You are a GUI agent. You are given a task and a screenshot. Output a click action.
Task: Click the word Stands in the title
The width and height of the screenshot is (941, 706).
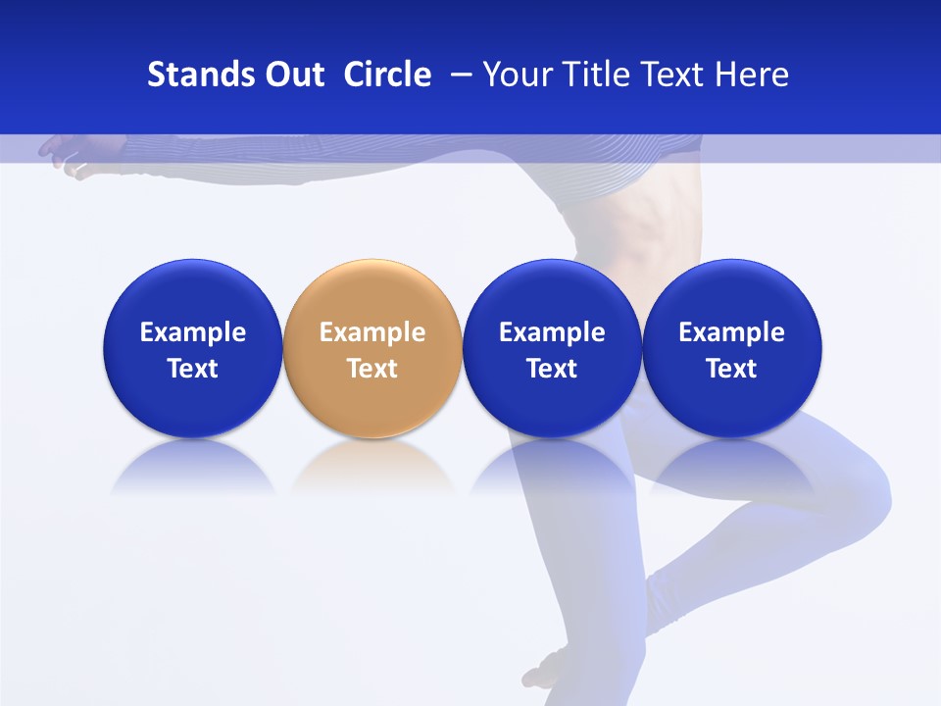[x=200, y=75]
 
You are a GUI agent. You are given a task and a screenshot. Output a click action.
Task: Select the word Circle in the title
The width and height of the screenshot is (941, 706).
[x=387, y=75]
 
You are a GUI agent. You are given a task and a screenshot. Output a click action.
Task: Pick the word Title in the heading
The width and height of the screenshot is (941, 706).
[x=596, y=75]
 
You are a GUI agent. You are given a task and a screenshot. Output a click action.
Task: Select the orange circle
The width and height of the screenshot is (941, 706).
[x=372, y=348]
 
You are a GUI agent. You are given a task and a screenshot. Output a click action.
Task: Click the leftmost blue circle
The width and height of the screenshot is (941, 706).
[x=192, y=348]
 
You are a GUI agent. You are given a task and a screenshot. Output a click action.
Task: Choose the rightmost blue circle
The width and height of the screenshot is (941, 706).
[x=732, y=348]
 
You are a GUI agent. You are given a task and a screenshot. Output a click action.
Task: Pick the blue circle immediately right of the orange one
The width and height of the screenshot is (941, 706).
[x=552, y=348]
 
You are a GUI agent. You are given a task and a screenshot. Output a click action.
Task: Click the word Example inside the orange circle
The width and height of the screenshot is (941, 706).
[x=372, y=332]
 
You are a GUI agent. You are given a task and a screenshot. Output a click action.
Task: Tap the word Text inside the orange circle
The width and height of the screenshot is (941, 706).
[x=372, y=369]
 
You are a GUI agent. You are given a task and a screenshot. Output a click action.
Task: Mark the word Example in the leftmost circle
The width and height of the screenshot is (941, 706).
[x=192, y=332]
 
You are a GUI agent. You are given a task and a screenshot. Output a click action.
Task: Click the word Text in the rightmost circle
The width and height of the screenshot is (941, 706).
[x=732, y=369]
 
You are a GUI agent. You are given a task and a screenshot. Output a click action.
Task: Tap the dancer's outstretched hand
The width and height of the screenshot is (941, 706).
[x=61, y=154]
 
